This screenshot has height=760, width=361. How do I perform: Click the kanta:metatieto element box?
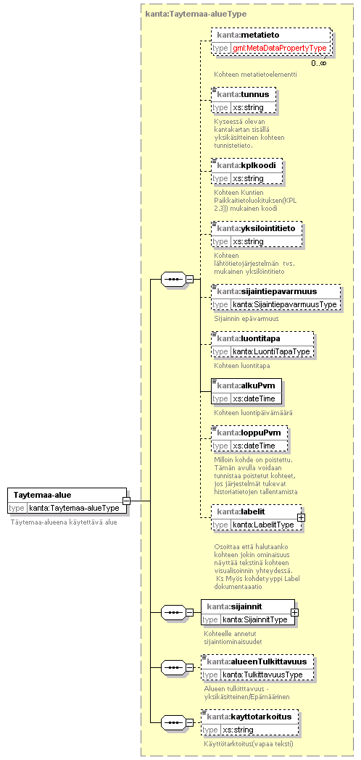click(x=271, y=41)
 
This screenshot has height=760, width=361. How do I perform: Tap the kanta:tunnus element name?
click(x=243, y=94)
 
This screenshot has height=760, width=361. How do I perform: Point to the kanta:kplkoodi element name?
click(x=246, y=165)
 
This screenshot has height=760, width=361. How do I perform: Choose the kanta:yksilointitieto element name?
click(x=256, y=228)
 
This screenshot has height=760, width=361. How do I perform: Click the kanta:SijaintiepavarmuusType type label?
click(x=284, y=304)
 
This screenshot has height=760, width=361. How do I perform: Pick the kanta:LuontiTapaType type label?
click(x=271, y=351)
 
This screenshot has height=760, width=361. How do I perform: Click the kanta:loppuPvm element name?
click(x=246, y=433)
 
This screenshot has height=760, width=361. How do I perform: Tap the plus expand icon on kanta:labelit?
click(x=301, y=517)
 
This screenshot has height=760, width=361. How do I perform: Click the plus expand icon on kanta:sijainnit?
click(x=294, y=611)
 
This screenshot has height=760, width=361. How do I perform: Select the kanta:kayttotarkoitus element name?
click(x=249, y=717)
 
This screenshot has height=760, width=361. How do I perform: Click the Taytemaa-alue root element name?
click(x=42, y=495)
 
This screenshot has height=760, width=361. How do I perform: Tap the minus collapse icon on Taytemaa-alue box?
click(x=125, y=501)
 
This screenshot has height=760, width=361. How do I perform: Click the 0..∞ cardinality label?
click(x=319, y=63)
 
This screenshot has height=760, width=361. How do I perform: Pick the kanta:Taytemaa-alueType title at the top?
click(x=196, y=14)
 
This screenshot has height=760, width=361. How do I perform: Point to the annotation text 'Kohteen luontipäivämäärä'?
click(x=253, y=413)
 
